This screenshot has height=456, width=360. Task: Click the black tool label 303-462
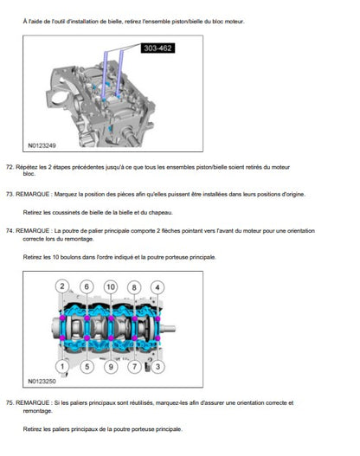(157, 48)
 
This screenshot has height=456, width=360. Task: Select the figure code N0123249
(42, 145)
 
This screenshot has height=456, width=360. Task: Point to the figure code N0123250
(42, 381)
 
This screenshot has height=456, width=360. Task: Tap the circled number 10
(111, 287)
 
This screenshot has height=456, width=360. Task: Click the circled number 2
(62, 286)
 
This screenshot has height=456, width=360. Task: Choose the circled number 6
(87, 286)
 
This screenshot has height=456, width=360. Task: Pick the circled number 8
(134, 287)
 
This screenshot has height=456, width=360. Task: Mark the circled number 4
(157, 287)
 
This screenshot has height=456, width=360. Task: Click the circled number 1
(62, 366)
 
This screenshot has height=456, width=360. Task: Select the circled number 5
(87, 366)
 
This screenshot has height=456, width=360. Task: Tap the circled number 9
(111, 366)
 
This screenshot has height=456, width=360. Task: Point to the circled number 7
(134, 366)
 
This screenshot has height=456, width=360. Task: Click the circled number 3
(157, 366)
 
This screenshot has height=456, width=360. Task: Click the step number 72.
(10, 167)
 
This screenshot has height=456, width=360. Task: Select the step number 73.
(10, 195)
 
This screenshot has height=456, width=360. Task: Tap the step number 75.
(10, 402)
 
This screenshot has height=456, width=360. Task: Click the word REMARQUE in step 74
(33, 231)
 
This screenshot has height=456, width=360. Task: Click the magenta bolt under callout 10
(111, 318)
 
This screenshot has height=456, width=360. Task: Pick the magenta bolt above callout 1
(62, 338)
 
